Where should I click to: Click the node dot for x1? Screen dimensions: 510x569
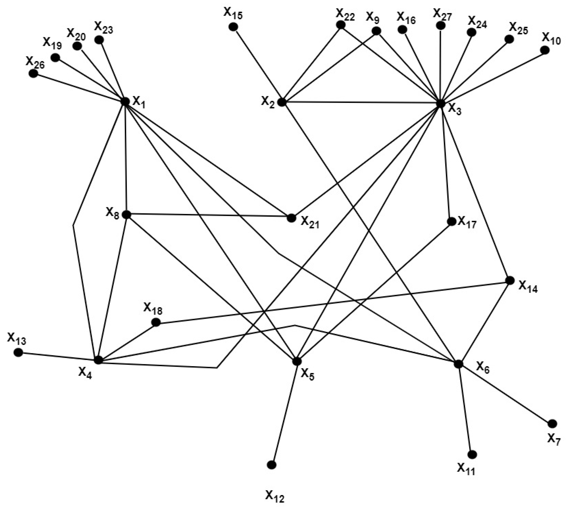coord(125,101)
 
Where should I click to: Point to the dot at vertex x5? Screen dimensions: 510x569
coord(297,361)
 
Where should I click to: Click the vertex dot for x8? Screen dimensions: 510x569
coord(126,215)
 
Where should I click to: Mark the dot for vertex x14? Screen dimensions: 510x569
coord(510,281)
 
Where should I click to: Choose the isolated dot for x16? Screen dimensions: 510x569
coord(402,29)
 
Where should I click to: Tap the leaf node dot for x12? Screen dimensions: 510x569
coord(272,465)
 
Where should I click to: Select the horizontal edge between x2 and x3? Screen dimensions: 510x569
coord(361,103)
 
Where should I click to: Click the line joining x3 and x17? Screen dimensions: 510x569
coord(445,162)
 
